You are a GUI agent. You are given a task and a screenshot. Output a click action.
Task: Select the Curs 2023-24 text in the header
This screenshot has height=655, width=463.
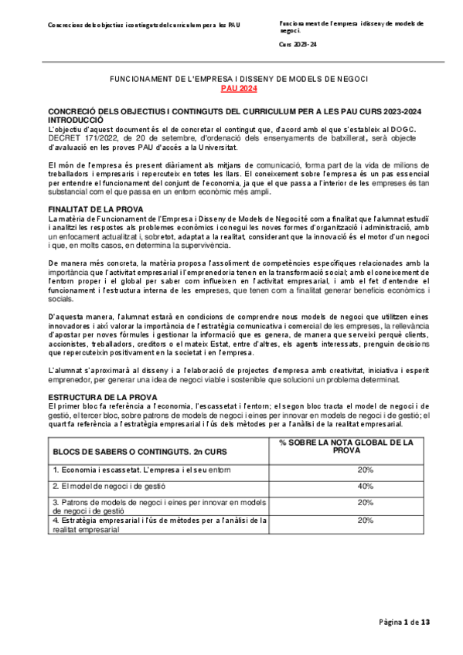[x=297, y=45]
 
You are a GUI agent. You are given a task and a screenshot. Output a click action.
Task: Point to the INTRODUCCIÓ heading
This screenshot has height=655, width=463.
[x=76, y=121]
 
